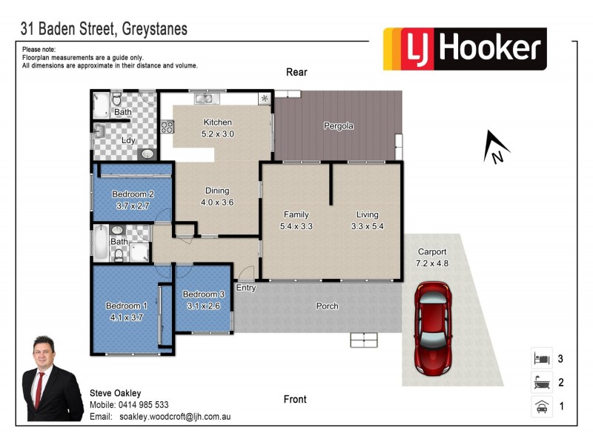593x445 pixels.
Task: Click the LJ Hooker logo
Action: click(x=465, y=49)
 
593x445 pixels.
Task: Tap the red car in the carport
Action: click(x=431, y=325)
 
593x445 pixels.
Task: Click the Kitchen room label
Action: click(x=217, y=122)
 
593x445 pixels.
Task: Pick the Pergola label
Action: click(x=338, y=126)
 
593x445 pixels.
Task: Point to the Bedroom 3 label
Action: click(x=203, y=294)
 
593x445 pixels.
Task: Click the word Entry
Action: click(x=246, y=288)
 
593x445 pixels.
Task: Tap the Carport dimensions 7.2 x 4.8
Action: click(x=431, y=263)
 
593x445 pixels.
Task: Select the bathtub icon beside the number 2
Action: click(x=540, y=383)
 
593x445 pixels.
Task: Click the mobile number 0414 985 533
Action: click(x=143, y=405)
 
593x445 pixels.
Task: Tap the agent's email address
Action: click(x=175, y=417)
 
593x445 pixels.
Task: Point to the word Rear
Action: click(x=296, y=72)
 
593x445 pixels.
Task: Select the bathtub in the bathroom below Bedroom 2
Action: click(x=100, y=245)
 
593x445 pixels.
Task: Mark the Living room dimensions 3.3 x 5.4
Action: click(x=368, y=225)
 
